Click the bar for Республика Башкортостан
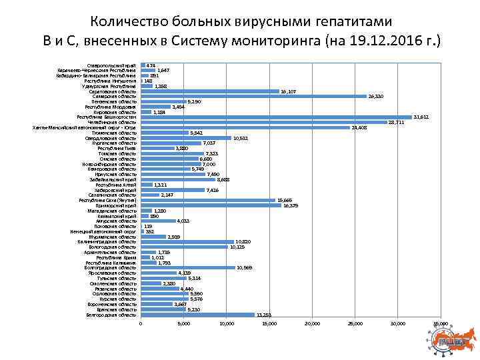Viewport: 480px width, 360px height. pyautogui.click(x=276, y=117)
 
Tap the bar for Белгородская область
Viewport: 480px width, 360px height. pyautogui.click(x=197, y=315)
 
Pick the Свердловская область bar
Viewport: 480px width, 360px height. pyautogui.click(x=186, y=137)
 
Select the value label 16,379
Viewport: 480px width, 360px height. pyautogui.click(x=290, y=205)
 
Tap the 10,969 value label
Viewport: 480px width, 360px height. pyautogui.click(x=245, y=268)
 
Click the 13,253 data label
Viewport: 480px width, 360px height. pyautogui.click(x=264, y=315)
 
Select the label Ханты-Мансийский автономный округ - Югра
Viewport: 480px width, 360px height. pyautogui.click(x=84, y=127)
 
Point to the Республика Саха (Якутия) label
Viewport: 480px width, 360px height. pyautogui.click(x=107, y=200)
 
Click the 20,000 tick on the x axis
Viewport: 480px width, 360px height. pyautogui.click(x=312, y=324)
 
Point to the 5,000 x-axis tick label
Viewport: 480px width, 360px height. pyautogui.click(x=183, y=324)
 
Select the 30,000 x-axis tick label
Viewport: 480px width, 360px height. pyautogui.click(x=397, y=324)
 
